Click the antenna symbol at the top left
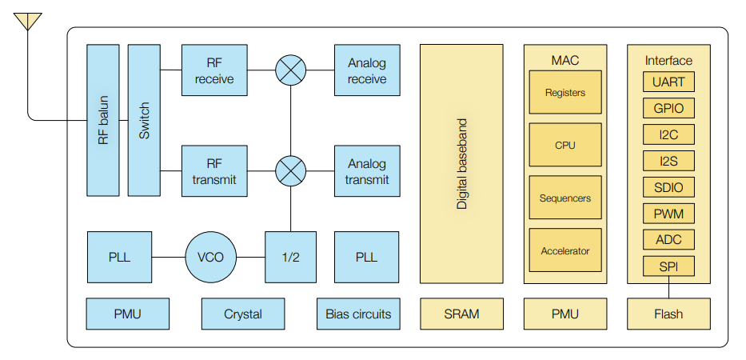point(28,22)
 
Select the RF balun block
point(102,120)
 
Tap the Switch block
point(144,120)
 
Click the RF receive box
point(214,71)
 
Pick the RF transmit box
point(214,171)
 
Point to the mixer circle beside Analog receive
point(290,71)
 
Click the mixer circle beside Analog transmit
point(290,171)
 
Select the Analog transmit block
point(367,171)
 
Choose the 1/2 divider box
point(290,257)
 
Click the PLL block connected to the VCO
point(119,257)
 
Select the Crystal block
point(243,314)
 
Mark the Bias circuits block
point(358,314)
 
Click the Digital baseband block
point(461,163)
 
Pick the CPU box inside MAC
point(564,145)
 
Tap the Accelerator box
point(564,250)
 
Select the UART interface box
point(668,82)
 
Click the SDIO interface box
point(668,187)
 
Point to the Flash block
point(668,314)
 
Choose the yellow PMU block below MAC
point(564,314)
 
